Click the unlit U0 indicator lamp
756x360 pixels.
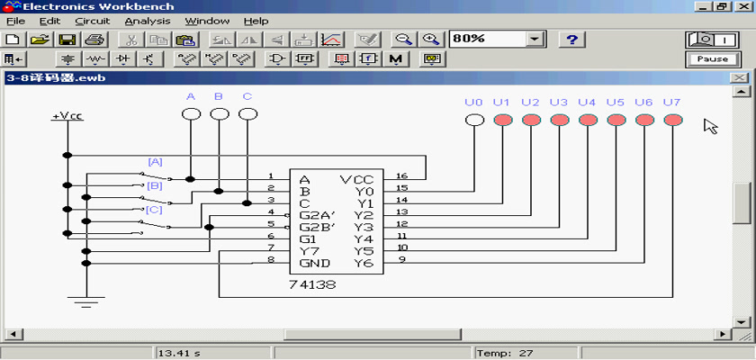(x=474, y=120)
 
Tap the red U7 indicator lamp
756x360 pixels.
(x=673, y=120)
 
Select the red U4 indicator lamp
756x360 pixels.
(x=588, y=120)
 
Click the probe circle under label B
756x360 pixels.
(x=220, y=114)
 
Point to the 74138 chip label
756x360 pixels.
(x=312, y=284)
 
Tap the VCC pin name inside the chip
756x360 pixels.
(x=356, y=180)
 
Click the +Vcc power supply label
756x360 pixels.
(x=67, y=117)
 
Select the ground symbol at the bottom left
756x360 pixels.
(x=86, y=301)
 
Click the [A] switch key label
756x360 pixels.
(x=155, y=162)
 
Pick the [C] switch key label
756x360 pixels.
(x=154, y=210)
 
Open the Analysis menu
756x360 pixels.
(x=148, y=22)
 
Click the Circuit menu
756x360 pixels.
(x=93, y=22)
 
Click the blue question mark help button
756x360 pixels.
(x=571, y=40)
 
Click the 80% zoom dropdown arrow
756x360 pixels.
(x=535, y=40)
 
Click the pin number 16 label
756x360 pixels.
(x=402, y=175)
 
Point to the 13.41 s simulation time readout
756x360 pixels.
(x=179, y=354)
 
